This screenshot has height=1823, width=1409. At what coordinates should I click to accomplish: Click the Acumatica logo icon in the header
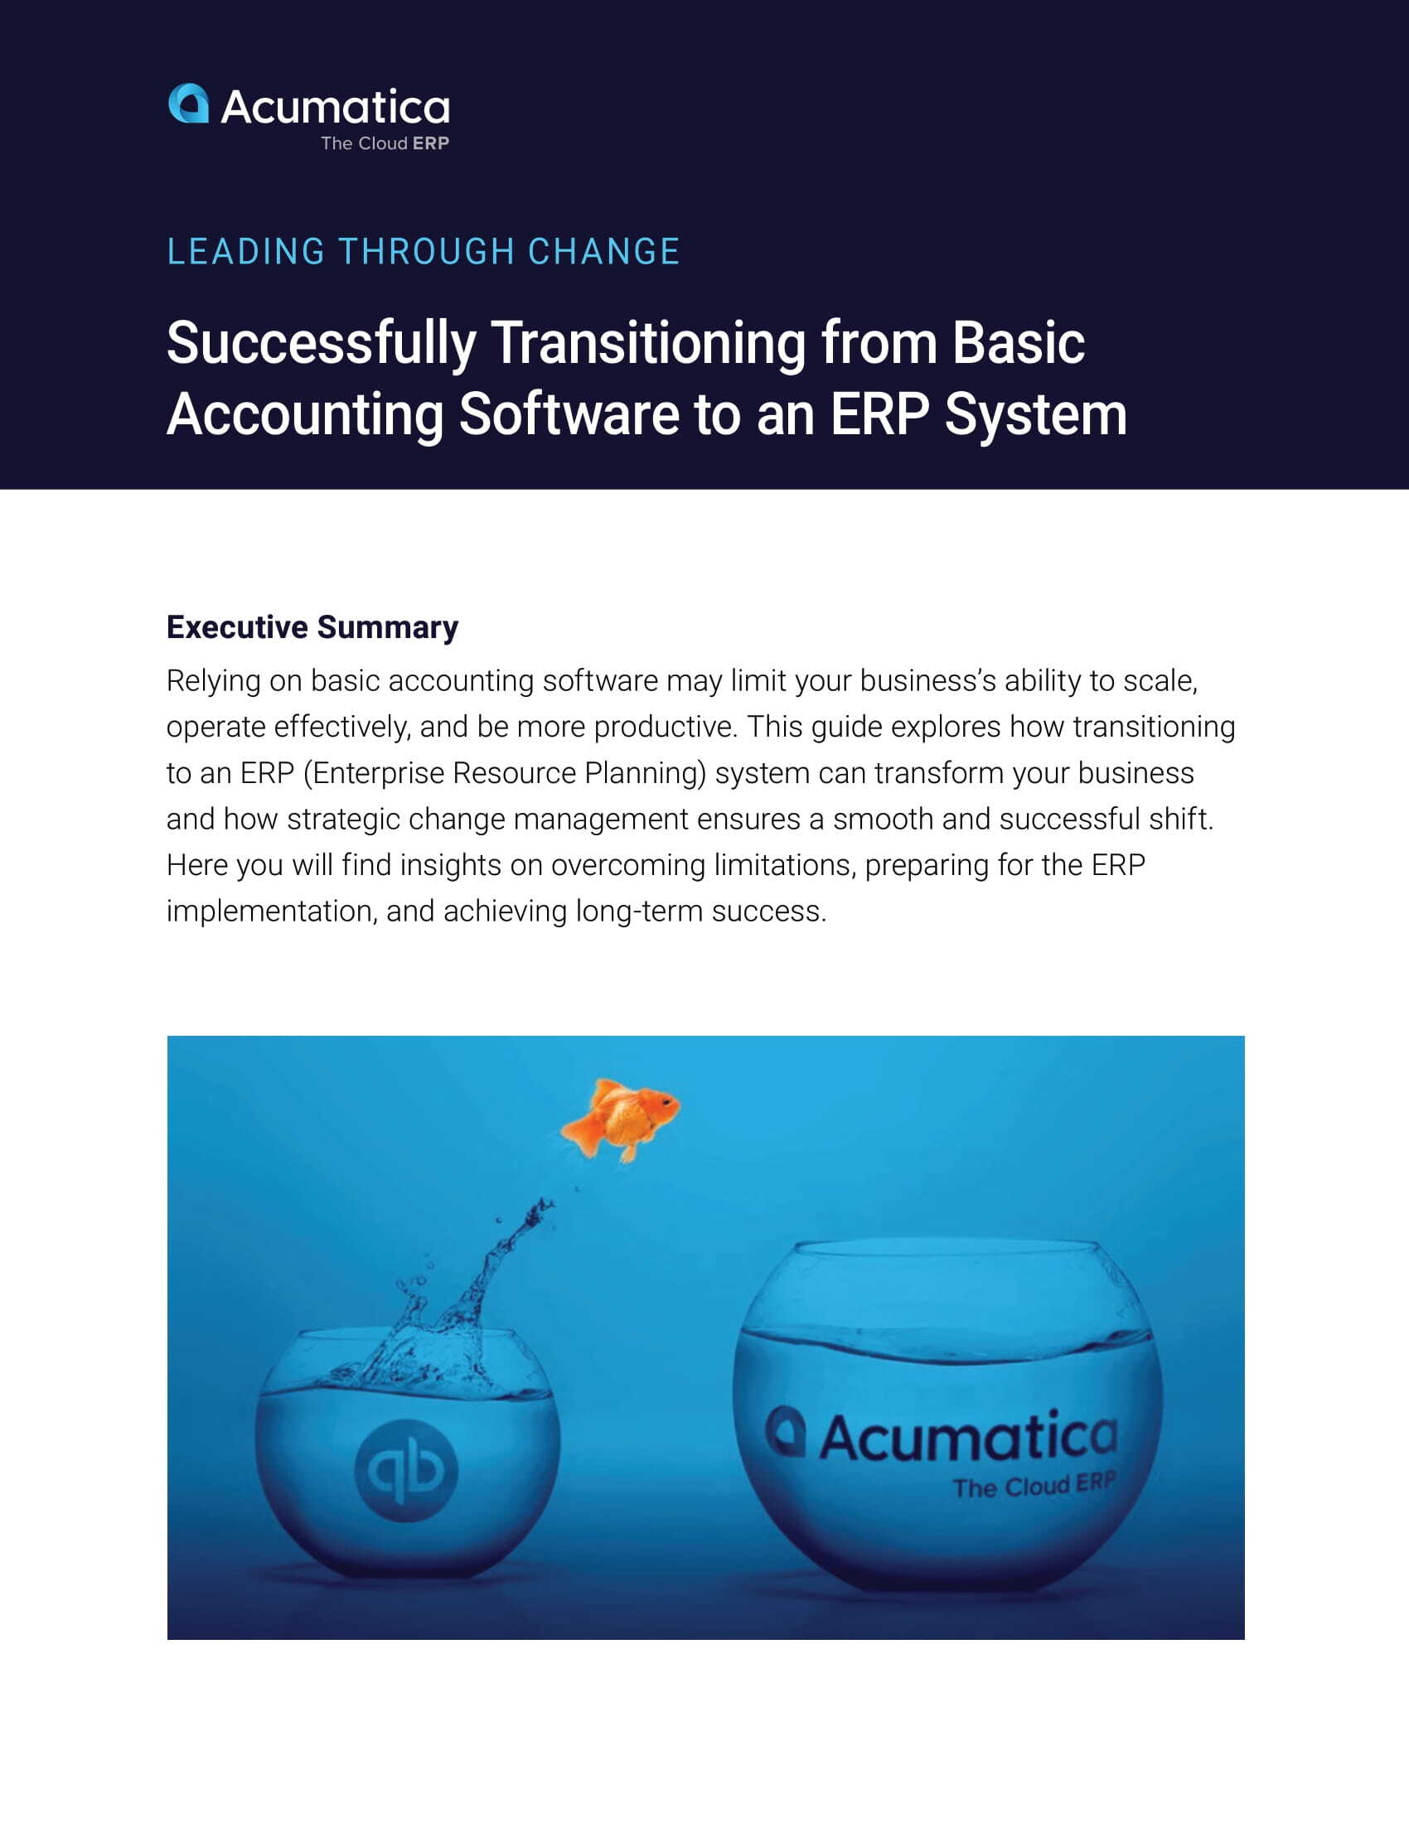[189, 104]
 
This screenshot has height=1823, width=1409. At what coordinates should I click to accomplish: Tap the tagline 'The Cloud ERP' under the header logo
[385, 143]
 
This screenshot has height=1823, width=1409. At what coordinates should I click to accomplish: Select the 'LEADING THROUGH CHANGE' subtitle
[424, 251]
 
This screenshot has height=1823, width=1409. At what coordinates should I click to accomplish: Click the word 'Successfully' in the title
[322, 344]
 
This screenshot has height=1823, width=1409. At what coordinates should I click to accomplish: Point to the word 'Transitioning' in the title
[648, 344]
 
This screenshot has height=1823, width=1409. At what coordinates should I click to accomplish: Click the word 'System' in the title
[1035, 416]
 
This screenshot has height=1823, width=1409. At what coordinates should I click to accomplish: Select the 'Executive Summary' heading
[312, 628]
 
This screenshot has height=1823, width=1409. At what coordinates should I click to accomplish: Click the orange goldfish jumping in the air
[620, 1119]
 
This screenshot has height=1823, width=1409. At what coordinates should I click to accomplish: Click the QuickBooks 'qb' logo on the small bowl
[406, 1470]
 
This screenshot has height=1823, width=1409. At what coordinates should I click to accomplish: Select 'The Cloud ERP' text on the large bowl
[1034, 1486]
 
